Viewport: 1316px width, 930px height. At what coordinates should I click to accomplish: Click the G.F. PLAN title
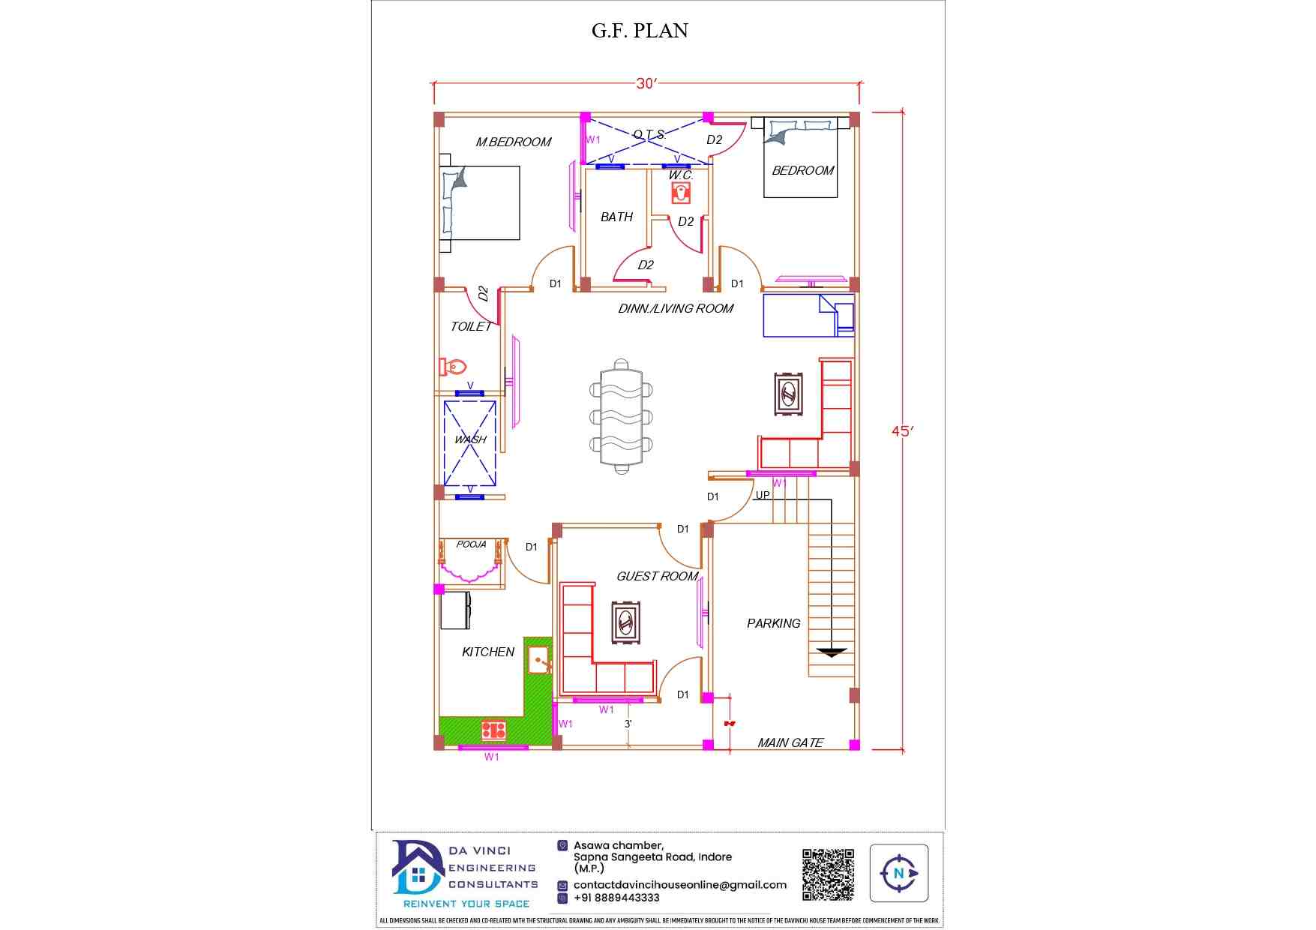point(640,31)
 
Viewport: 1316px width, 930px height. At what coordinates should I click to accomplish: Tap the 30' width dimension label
point(646,83)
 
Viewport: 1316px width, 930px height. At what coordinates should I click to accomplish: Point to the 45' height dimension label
point(903,431)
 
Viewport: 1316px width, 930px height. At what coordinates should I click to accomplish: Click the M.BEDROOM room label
point(514,142)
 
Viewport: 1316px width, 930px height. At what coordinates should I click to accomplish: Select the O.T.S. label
point(649,135)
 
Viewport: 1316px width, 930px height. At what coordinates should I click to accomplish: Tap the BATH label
point(617,217)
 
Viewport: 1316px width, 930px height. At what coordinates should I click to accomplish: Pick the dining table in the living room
point(621,416)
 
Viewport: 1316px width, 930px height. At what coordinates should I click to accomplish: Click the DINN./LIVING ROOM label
point(676,308)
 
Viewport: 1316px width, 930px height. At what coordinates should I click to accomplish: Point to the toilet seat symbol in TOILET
point(453,367)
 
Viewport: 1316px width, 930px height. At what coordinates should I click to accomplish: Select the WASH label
point(470,439)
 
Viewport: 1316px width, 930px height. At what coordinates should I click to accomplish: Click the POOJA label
point(471,544)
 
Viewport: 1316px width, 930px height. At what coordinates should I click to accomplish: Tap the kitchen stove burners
point(493,730)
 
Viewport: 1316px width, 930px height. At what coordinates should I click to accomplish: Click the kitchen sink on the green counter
point(540,661)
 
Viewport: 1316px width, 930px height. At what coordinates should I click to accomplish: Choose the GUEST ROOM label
point(658,576)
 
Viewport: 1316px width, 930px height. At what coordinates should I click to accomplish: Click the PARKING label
point(774,623)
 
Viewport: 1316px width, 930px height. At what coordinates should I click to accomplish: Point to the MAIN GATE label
point(790,742)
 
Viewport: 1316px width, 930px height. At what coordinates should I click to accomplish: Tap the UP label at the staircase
point(763,495)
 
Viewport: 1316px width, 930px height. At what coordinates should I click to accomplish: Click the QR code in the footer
point(828,874)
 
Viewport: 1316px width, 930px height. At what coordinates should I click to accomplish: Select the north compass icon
point(899,873)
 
